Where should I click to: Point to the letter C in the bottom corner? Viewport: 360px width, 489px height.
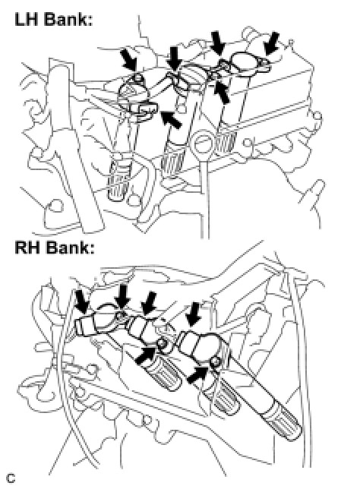[x=11, y=478]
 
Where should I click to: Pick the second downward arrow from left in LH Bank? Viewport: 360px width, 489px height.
[x=174, y=58]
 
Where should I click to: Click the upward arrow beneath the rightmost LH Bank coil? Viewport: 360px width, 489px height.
[x=223, y=92]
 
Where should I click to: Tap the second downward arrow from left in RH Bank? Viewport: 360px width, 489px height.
[x=122, y=296]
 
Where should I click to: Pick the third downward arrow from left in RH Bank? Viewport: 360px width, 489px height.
[x=149, y=303]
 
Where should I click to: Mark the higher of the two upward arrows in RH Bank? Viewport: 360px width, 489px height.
[x=146, y=355]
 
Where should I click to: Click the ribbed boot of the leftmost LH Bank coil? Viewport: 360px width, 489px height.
[x=118, y=181]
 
